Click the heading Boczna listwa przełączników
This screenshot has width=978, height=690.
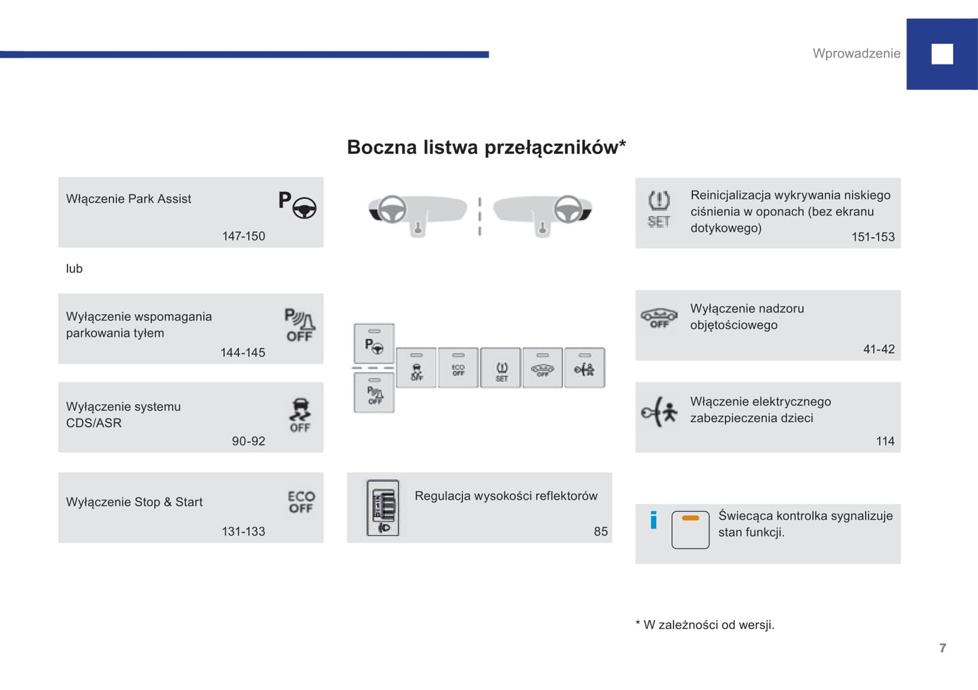point(486,147)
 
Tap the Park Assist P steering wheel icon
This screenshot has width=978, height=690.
point(297,204)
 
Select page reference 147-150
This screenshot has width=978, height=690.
point(243,236)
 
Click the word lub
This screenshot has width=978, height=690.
point(74,269)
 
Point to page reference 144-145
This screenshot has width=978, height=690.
point(242,353)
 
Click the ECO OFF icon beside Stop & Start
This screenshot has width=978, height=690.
point(301,502)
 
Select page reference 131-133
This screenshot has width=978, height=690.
point(243,532)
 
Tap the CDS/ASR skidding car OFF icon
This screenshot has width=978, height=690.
point(300,414)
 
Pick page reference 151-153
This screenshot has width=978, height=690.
point(872,237)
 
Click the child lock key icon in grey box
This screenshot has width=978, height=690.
point(659,412)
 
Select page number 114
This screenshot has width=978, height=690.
point(885,441)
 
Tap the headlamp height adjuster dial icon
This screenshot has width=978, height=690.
point(383,508)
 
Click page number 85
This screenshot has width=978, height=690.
point(600,532)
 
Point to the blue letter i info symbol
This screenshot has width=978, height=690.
point(653,519)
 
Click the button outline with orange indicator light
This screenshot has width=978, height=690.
point(690,530)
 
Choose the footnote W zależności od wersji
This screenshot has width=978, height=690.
point(705,625)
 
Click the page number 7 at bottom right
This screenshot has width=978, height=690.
point(943,648)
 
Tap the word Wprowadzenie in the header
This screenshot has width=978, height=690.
point(856,53)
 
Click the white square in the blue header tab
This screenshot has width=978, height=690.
point(942,54)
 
